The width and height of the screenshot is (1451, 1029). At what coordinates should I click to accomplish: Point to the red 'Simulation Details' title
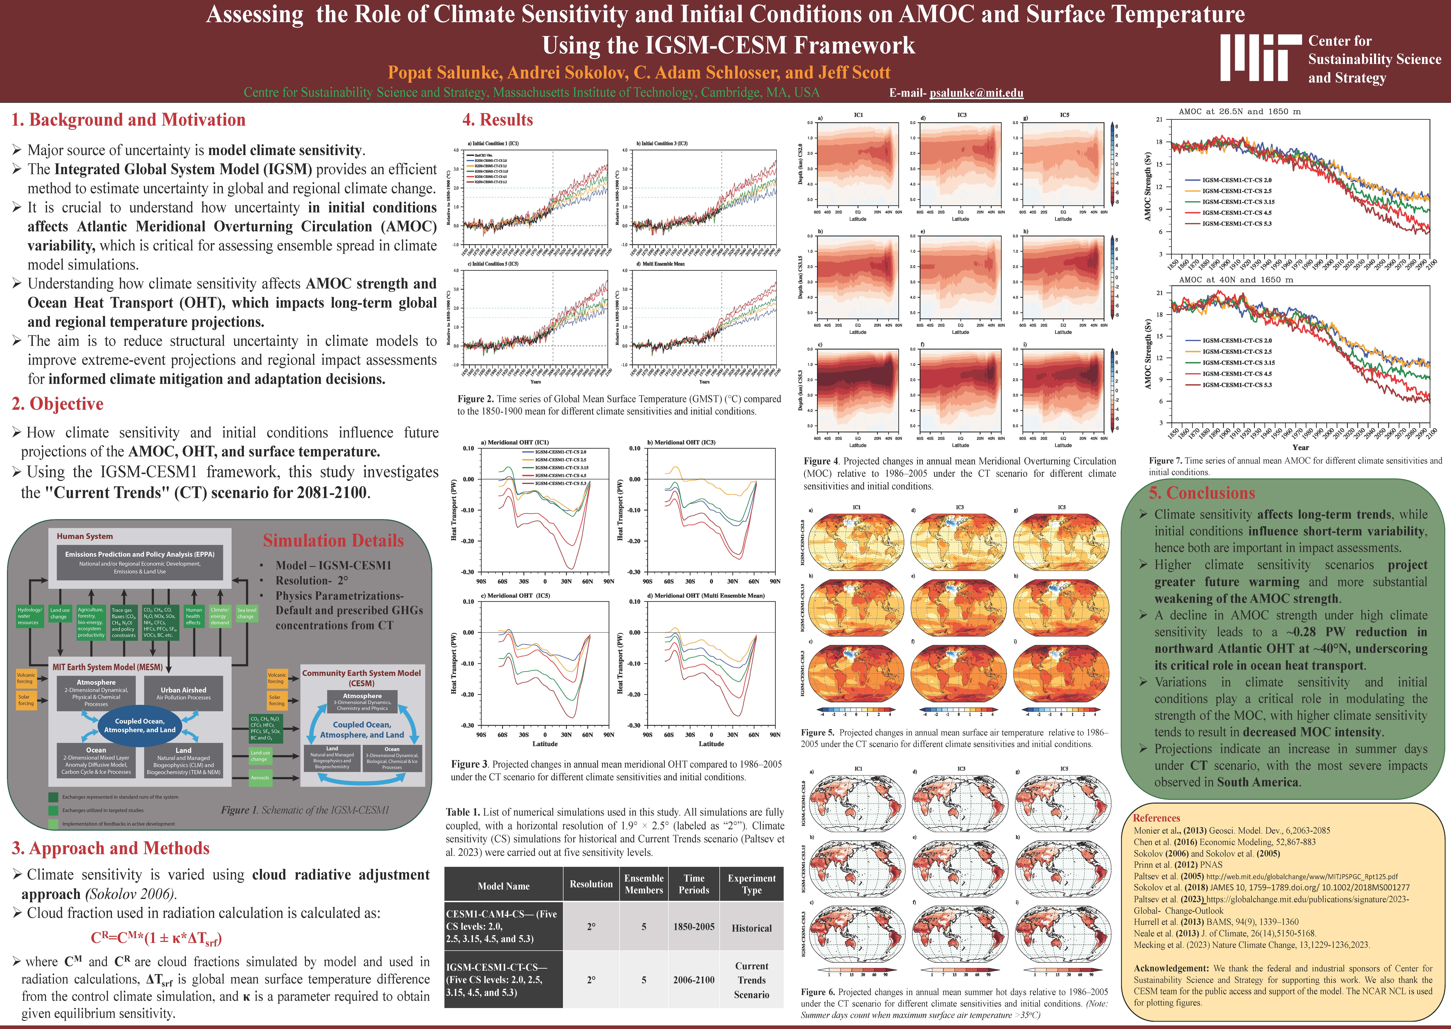[x=333, y=540]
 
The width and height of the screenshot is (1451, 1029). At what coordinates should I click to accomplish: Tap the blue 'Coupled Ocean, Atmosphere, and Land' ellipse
[x=139, y=725]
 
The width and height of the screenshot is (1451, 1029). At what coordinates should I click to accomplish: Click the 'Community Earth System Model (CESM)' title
[x=361, y=678]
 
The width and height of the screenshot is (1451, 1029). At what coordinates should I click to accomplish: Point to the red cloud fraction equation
[x=156, y=938]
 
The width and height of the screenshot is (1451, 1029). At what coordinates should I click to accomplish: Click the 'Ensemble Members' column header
[x=644, y=884]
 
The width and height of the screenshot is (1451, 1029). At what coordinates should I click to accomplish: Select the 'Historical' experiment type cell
[x=752, y=928]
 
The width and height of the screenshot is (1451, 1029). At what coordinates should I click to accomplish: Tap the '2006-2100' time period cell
[x=694, y=980]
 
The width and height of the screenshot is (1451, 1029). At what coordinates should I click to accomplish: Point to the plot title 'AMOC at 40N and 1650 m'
[x=1236, y=280]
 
